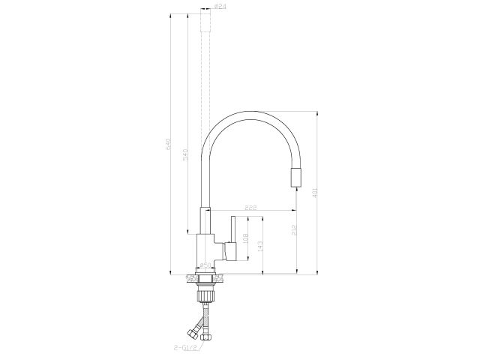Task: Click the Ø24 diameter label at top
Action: pyautogui.click(x=220, y=7)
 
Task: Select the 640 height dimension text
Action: pyautogui.click(x=169, y=142)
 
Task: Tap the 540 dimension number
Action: pyautogui.click(x=184, y=153)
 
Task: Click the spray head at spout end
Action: pyautogui.click(x=295, y=178)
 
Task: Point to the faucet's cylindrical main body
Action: pyautogui.click(x=204, y=247)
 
